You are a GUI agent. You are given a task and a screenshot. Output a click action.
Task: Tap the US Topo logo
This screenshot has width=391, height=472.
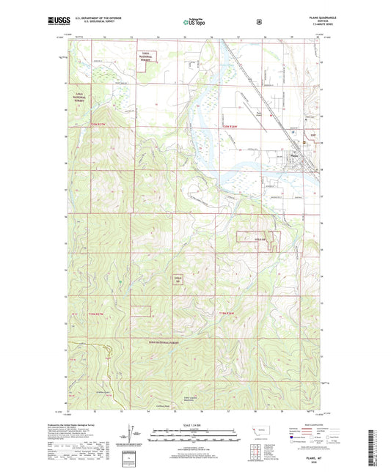pos(194,22)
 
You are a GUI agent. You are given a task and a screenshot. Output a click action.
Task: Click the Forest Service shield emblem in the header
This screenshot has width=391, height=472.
pos(259,21)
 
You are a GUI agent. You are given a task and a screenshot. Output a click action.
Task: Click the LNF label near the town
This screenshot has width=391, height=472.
pos(310,136)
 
